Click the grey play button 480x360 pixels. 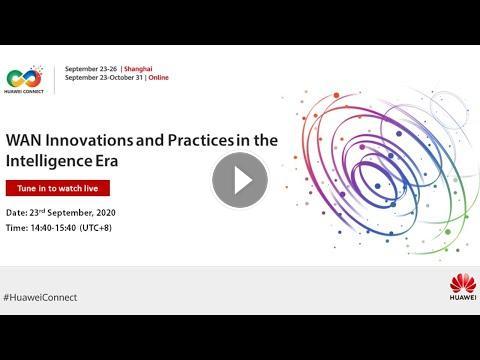tap(240, 180)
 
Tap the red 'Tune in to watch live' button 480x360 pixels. tap(58, 188)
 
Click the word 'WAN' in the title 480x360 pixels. tap(24, 140)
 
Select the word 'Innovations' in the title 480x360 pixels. tap(89, 140)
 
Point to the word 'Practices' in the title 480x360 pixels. tap(201, 140)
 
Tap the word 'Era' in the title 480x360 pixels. tap(107, 161)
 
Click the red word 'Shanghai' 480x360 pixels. tap(138, 69)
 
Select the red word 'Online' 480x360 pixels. tap(159, 78)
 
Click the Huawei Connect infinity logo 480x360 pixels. tap(24, 77)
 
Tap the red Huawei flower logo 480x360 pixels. tap(463, 283)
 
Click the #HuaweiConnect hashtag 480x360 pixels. tap(40, 297)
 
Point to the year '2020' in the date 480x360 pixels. tap(106, 213)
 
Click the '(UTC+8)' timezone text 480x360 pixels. tap(96, 228)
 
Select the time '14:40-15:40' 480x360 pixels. tap(53, 228)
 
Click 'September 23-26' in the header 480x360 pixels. tap(91, 69)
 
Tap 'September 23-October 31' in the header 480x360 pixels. tap(104, 78)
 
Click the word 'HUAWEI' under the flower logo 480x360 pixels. tap(463, 297)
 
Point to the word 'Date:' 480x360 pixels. tap(17, 213)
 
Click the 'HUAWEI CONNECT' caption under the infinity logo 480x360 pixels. tap(24, 91)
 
